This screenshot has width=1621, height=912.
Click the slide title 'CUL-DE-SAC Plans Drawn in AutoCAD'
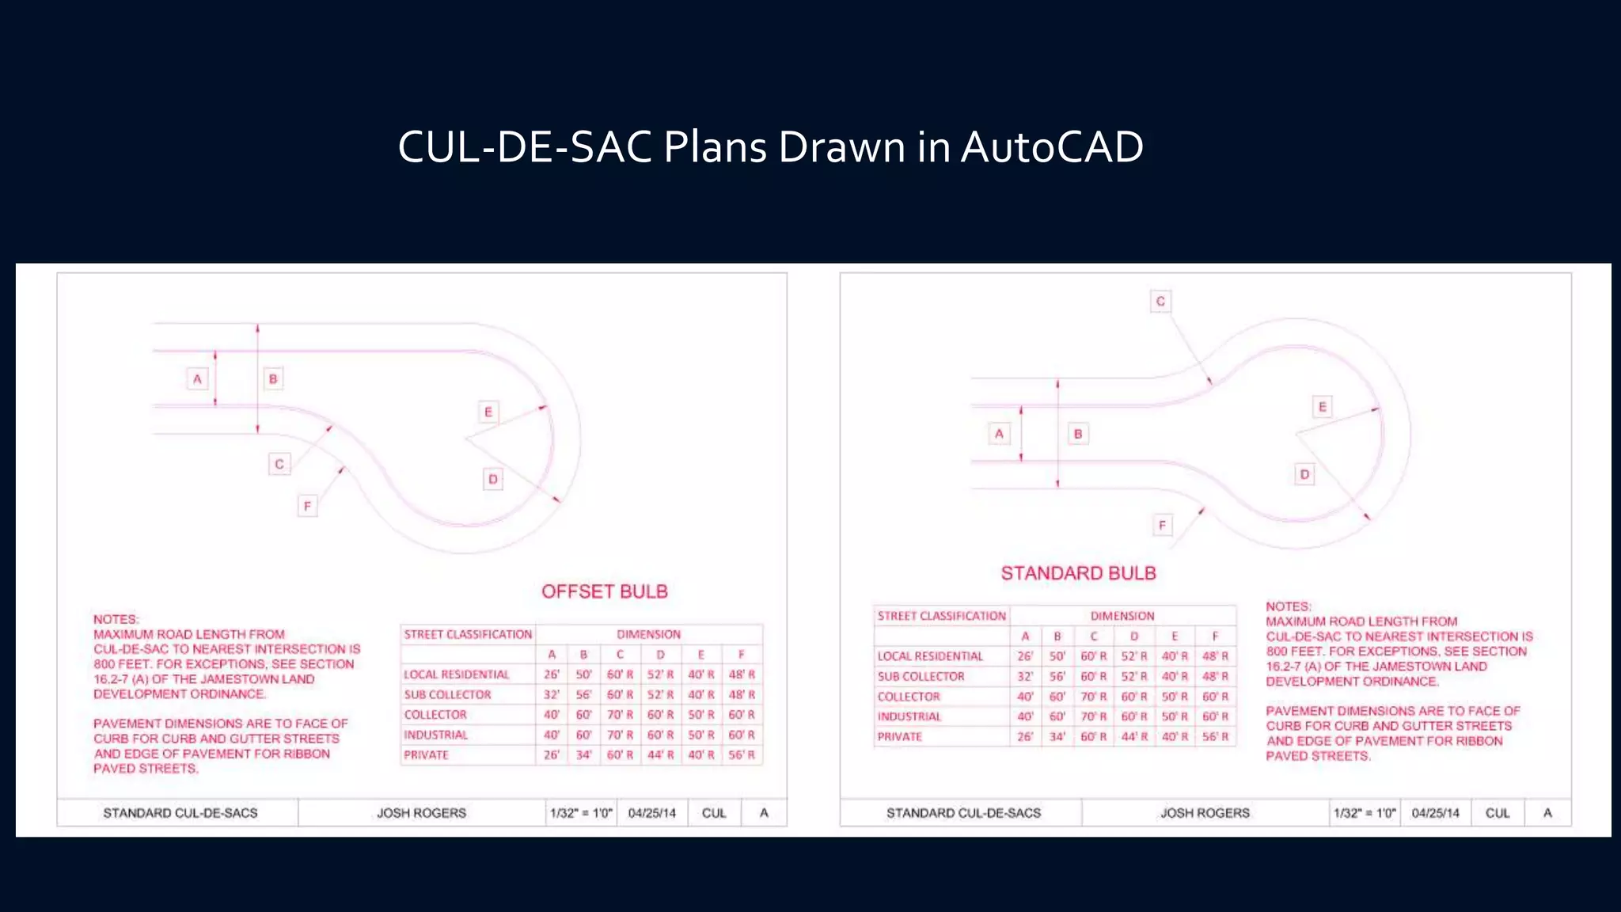point(770,147)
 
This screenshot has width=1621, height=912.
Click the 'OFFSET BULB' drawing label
point(605,591)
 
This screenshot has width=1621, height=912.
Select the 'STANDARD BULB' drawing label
point(1078,573)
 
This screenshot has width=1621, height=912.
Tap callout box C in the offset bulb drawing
point(279,464)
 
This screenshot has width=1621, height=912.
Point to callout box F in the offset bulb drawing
point(307,506)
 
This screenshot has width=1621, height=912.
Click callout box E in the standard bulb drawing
point(1322,407)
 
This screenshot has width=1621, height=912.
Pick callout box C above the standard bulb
point(1160,302)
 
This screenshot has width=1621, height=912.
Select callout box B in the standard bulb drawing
point(1078,434)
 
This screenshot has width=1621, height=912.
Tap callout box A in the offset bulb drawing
point(197,378)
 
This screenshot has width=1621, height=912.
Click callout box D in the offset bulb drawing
point(493,479)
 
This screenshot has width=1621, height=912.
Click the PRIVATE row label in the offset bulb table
point(427,755)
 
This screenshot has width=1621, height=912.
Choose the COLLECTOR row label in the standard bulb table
point(909,697)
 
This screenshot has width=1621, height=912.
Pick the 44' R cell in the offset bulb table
point(660,755)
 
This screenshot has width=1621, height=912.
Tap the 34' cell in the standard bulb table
point(1057,736)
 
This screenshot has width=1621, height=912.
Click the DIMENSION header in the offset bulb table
point(648,634)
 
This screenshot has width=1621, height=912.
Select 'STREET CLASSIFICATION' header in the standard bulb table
point(941,616)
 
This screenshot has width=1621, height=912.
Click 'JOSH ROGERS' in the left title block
point(421,813)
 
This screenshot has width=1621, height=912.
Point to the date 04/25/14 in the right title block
point(1435,813)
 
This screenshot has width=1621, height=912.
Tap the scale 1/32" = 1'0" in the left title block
point(581,813)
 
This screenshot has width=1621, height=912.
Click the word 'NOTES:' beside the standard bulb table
point(1288,606)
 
